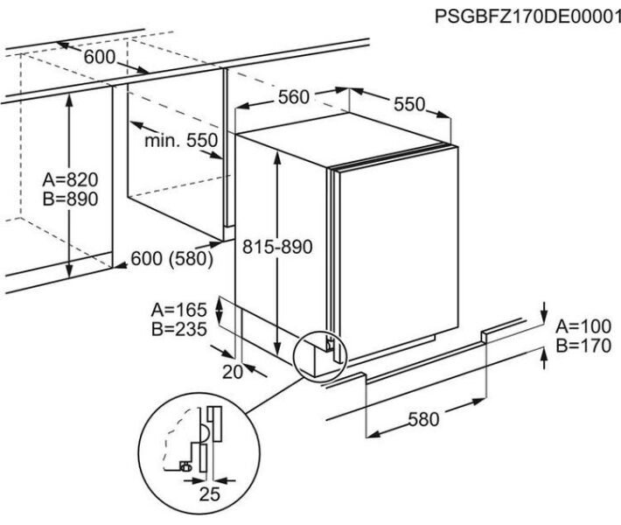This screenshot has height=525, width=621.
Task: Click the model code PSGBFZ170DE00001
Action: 527,17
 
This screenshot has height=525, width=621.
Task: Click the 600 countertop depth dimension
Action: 100,57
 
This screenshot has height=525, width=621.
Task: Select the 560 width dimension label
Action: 294,97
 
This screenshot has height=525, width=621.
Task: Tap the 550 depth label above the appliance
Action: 409,104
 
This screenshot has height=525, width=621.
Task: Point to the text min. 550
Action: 181,140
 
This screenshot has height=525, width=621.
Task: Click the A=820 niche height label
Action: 70,179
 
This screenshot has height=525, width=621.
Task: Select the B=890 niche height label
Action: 70,199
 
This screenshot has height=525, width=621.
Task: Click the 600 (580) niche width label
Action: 172,259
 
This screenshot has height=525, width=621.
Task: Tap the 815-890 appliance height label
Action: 277,247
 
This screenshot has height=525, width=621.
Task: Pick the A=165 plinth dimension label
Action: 179,310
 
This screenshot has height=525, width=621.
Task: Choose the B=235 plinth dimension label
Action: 179,328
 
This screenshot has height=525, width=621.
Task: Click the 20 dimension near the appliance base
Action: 233,372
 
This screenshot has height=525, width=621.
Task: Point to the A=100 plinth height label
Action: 583,326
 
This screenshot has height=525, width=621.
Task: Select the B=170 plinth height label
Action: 583,346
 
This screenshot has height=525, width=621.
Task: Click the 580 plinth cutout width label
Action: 424,419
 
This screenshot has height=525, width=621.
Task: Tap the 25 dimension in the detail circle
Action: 210,494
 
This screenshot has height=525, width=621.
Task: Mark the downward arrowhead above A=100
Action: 544,317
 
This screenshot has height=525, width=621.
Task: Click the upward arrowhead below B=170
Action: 544,353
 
